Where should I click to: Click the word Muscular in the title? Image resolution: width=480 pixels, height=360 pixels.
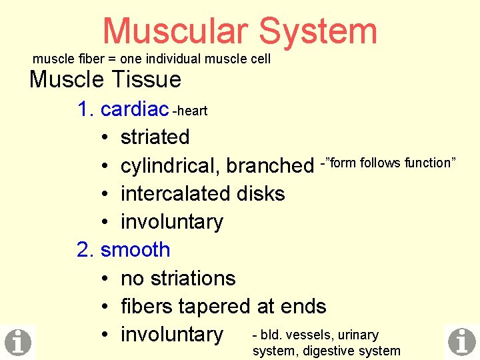click(175, 31)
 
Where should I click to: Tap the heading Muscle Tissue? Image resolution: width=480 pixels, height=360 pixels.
click(105, 80)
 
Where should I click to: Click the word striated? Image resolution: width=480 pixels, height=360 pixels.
click(155, 137)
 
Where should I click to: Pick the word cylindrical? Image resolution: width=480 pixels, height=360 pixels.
click(170, 165)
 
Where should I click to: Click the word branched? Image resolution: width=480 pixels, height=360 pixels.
click(270, 165)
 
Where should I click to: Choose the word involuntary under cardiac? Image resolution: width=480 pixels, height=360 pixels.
click(171, 221)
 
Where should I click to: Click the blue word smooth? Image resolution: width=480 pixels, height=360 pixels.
click(135, 250)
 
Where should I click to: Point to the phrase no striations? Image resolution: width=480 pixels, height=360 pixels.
click(178, 278)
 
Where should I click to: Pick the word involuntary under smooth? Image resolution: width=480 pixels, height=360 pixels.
click(171, 334)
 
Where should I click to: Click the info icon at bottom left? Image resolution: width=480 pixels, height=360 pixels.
click(18, 342)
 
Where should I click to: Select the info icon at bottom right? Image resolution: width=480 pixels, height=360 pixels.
click(461, 342)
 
